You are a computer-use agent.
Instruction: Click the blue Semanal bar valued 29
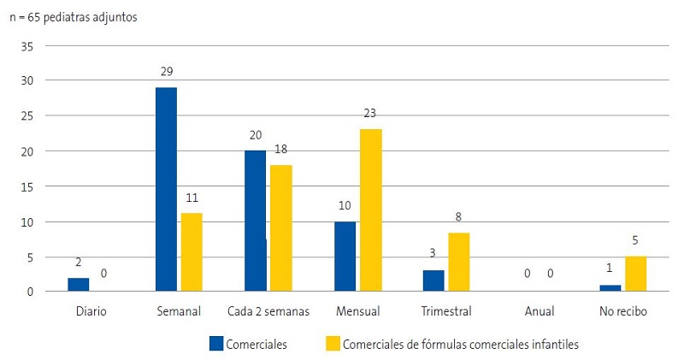point(166,190)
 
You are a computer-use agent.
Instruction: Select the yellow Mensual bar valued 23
point(371,210)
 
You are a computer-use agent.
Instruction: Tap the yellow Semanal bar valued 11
point(192,252)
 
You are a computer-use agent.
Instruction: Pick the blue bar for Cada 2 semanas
point(255,221)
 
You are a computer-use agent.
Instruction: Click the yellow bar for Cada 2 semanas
point(281,228)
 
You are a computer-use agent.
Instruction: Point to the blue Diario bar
point(78,285)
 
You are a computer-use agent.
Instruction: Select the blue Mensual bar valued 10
point(345,257)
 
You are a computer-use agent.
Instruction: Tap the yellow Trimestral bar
point(459,263)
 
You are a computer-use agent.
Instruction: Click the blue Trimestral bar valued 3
point(433,281)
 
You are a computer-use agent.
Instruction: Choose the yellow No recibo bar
point(636,274)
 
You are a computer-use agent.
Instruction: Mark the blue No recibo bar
point(610,288)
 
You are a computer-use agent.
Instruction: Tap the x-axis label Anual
point(536,312)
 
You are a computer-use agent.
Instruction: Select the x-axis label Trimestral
point(446,312)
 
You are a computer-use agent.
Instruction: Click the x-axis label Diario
point(90,312)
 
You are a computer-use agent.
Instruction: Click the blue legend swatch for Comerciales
point(216,344)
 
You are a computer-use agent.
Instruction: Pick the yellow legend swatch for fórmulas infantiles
point(333,344)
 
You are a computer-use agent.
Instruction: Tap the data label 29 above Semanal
point(167,72)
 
